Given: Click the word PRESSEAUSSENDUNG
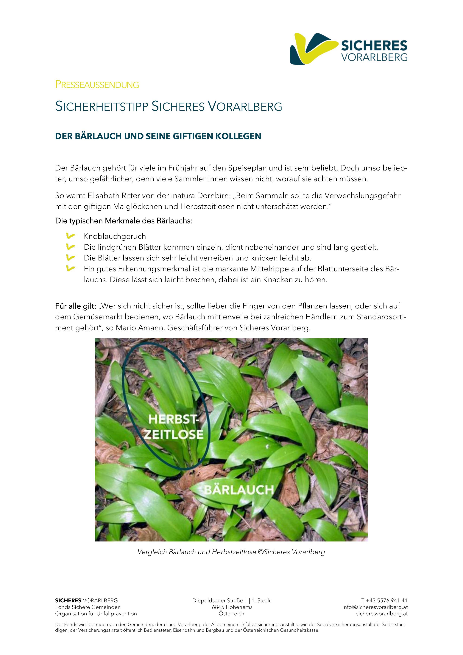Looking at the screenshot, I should tap(97, 85).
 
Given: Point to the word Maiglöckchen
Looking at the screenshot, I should tap(138, 207).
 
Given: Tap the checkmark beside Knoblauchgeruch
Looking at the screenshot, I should tap(70, 236).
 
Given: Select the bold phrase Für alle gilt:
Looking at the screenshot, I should tap(76, 306).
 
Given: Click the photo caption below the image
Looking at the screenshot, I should tap(231, 552).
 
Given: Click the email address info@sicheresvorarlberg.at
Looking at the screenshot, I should tap(375, 607).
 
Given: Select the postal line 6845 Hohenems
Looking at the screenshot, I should tap(232, 607).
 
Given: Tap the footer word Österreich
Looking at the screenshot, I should tap(231, 614).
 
